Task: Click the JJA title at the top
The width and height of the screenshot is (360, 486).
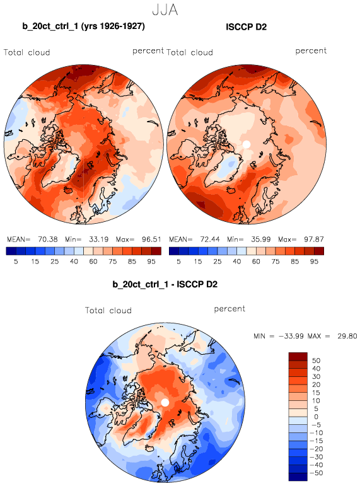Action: [165, 9]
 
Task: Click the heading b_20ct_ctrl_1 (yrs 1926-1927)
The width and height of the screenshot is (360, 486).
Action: [83, 26]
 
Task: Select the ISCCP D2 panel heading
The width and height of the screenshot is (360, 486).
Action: [247, 27]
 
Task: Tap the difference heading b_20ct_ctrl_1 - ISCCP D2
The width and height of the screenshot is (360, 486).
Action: [165, 284]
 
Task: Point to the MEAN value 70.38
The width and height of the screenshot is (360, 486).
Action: [48, 240]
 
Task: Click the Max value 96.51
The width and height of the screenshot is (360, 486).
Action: [151, 240]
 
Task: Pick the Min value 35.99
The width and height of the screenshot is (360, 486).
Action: [261, 240]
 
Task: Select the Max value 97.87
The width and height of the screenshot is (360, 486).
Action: [314, 240]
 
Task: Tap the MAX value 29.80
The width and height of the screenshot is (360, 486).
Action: [347, 336]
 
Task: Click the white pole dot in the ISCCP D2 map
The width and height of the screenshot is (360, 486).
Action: [247, 144]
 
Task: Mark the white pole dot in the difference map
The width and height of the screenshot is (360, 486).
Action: [165, 402]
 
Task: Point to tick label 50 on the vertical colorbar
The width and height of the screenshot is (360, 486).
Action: [316, 361]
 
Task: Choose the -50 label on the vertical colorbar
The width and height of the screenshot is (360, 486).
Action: [316, 473]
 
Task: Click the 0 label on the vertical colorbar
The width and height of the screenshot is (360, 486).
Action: [316, 417]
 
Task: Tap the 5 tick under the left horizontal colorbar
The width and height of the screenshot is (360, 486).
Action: [16, 262]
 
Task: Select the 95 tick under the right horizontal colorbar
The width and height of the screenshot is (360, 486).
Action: [314, 262]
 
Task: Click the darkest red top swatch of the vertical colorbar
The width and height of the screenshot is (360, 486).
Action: [298, 356]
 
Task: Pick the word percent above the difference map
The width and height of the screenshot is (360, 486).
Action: [229, 309]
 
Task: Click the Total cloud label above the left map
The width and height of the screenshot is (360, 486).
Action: [27, 52]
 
